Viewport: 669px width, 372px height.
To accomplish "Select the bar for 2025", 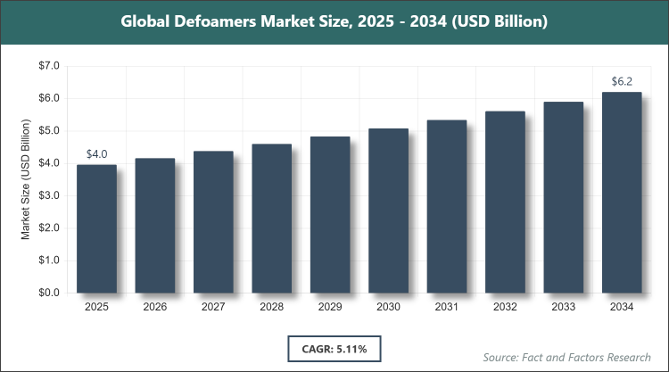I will click(x=96, y=228).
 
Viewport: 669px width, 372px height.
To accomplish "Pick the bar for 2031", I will click(x=447, y=206).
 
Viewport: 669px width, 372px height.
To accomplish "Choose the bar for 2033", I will click(x=564, y=197).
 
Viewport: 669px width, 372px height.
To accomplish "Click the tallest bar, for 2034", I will click(x=622, y=192).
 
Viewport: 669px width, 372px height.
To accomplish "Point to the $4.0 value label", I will click(x=96, y=154).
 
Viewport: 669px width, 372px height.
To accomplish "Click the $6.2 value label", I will click(x=622, y=82).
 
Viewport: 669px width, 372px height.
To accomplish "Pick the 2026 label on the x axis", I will click(x=155, y=308).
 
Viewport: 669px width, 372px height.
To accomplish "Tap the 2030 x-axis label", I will click(x=388, y=308).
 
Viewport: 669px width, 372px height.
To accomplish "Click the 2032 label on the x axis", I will click(x=505, y=308).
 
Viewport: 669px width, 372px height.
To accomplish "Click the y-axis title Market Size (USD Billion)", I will click(x=26, y=179).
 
